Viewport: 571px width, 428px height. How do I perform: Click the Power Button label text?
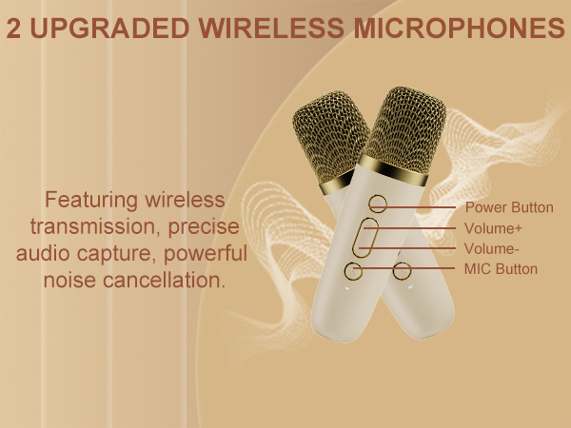tap(508, 207)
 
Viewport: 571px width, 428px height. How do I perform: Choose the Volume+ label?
tap(493, 228)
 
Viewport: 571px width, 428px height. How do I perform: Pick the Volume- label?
tap(491, 249)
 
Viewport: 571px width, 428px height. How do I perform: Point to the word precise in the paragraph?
tap(195, 228)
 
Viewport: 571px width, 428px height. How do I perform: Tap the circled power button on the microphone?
tap(378, 203)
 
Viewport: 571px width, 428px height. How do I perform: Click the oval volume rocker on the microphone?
tap(364, 238)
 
